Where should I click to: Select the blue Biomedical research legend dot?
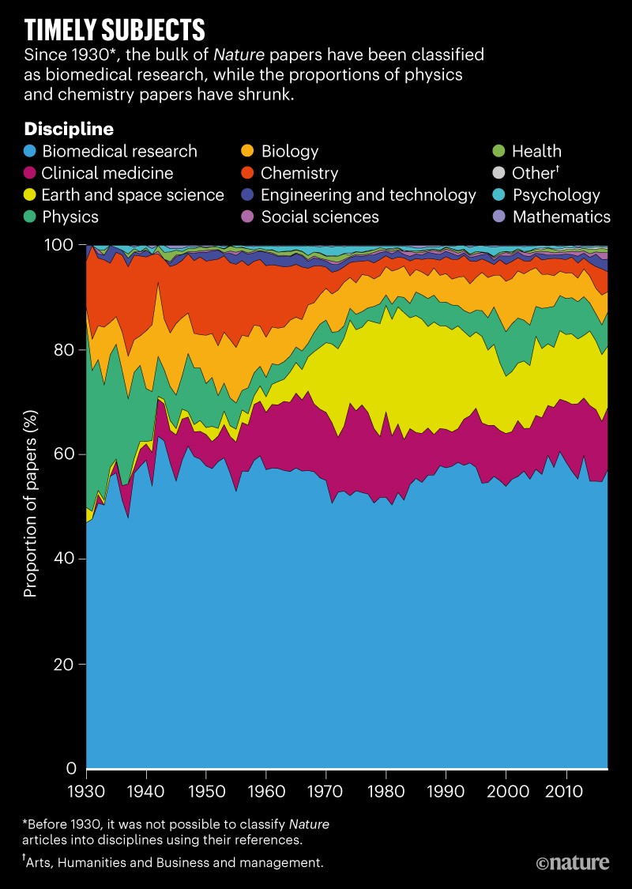coord(31,151)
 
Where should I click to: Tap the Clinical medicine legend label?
coord(107,173)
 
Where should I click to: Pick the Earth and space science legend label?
coord(134,194)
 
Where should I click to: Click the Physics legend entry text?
coord(71,216)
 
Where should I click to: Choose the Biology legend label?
coord(289,151)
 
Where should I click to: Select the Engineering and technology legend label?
coord(368,194)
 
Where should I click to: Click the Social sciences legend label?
coord(320,216)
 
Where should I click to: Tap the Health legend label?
coord(536,151)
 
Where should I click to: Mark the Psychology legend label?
coord(555,194)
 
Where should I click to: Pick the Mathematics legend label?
coord(561,216)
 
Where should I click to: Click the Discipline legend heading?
coord(70,128)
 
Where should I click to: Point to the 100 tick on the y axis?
coord(62,245)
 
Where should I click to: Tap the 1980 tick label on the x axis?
coord(386,790)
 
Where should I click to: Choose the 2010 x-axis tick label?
coord(565,790)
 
